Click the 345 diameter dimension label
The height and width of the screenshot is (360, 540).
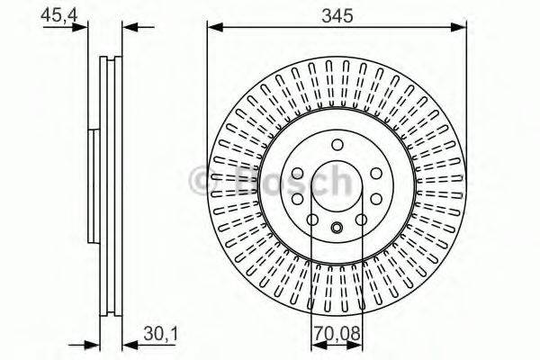[x=337, y=15]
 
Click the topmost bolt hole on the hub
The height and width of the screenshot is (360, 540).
[x=337, y=145]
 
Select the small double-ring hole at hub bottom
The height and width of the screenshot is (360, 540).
[x=337, y=228]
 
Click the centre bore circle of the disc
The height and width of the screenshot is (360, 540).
[x=337, y=186]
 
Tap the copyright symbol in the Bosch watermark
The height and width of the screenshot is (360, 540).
[x=203, y=180]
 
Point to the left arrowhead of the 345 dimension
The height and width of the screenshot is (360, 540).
[x=213, y=28]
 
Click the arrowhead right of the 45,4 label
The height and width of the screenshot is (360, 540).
[x=85, y=28]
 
